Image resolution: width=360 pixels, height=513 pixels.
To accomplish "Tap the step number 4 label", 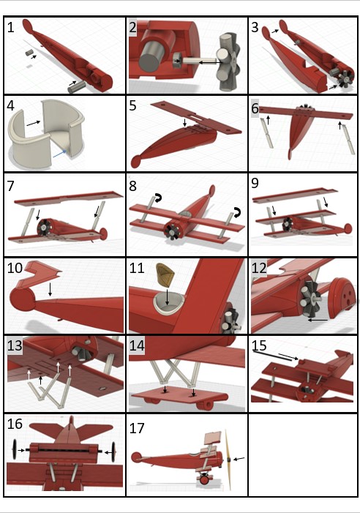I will (11, 105).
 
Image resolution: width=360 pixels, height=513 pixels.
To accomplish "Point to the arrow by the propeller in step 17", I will (240, 459).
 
